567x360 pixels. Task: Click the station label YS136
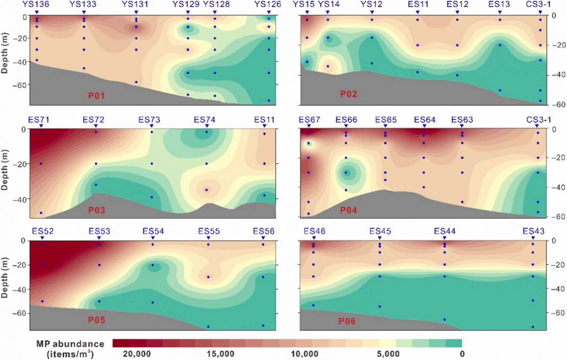(x=36, y=5)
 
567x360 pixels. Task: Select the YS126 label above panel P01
(x=268, y=5)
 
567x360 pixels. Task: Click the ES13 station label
(x=499, y=5)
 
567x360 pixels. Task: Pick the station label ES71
(x=41, y=119)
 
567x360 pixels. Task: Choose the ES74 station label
(x=206, y=119)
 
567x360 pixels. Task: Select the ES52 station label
(x=43, y=231)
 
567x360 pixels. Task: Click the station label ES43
(x=533, y=231)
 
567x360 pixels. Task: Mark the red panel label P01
(x=96, y=96)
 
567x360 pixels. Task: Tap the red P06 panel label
(x=346, y=322)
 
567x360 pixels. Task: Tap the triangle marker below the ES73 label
(x=152, y=126)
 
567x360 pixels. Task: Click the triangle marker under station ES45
(x=380, y=238)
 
